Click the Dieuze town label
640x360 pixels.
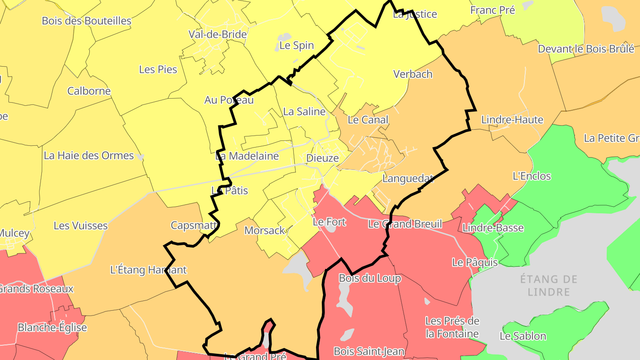pyautogui.click(x=322, y=158)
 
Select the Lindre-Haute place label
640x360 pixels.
pyautogui.click(x=512, y=120)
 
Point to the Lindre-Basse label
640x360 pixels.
pyautogui.click(x=493, y=228)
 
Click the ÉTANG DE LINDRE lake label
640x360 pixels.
pyautogui.click(x=549, y=285)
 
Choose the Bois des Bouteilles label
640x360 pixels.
pyautogui.click(x=87, y=21)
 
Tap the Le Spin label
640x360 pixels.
pyautogui.click(x=296, y=45)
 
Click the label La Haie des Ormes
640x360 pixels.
pyautogui.click(x=88, y=156)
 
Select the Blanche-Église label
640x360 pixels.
pyautogui.click(x=52, y=328)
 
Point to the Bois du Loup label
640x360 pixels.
pyautogui.click(x=370, y=278)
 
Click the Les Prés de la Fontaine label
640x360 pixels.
pyautogui.click(x=452, y=327)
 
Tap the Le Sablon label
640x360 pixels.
pyautogui.click(x=523, y=336)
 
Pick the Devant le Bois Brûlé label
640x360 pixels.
pyautogui.click(x=586, y=49)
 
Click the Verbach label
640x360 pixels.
pyautogui.click(x=413, y=74)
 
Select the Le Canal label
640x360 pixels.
pyautogui.click(x=368, y=120)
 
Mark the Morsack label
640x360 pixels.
pyautogui.click(x=264, y=230)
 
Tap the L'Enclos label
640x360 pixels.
pyautogui.click(x=532, y=176)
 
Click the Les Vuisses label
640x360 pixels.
pyautogui.click(x=80, y=225)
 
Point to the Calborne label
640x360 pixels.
pyautogui.click(x=89, y=91)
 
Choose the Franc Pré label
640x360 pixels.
pyautogui.click(x=492, y=10)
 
